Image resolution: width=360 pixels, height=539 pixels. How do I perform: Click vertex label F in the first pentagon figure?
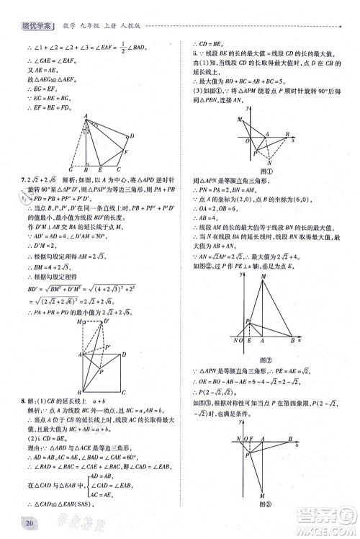point(127,153)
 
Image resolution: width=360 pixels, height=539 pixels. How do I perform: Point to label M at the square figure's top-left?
point(80,322)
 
